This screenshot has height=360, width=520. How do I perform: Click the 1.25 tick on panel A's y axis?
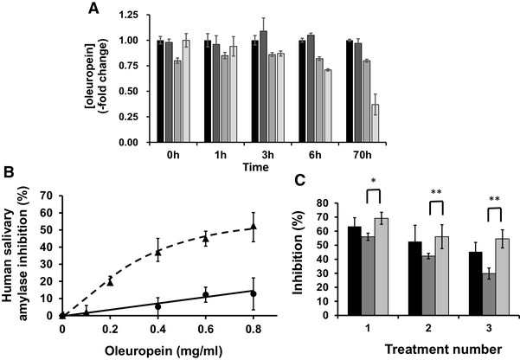tap(125, 16)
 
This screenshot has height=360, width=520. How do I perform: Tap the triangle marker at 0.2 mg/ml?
tap(110, 281)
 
